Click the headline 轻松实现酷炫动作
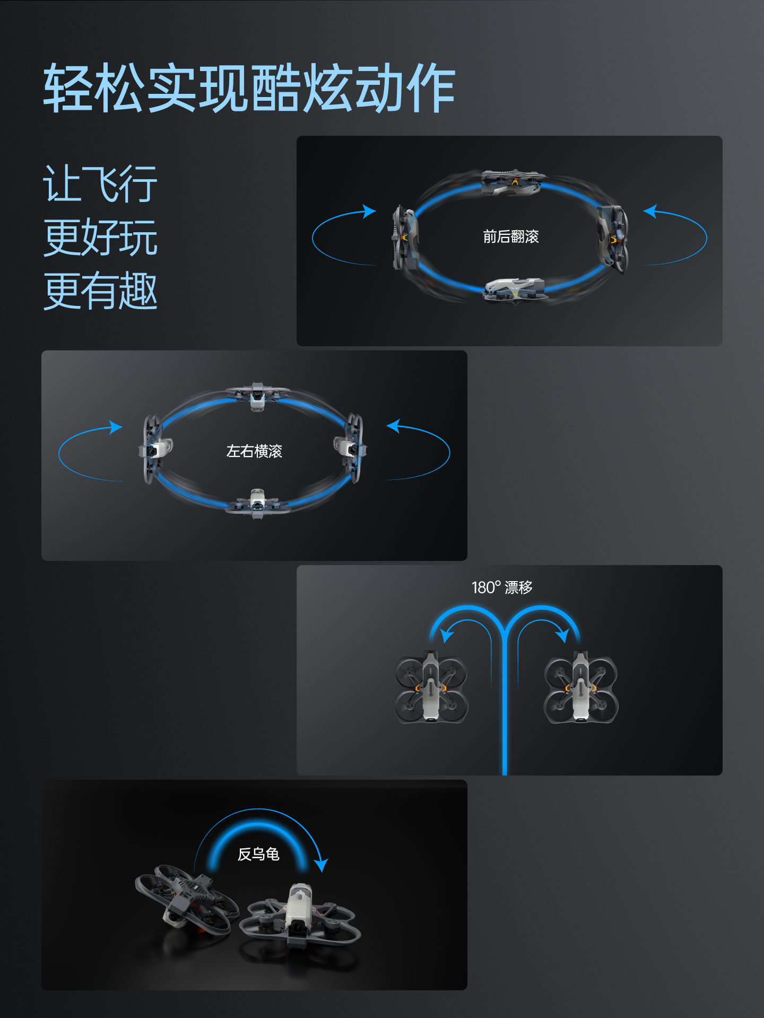(249, 87)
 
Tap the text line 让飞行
(100, 183)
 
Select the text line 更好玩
(100, 237)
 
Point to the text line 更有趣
(100, 290)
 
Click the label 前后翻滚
(510, 236)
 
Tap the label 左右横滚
(254, 451)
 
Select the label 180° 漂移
(502, 587)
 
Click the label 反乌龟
(258, 854)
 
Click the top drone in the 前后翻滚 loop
(512, 182)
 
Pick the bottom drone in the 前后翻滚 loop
(514, 290)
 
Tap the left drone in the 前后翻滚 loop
(405, 238)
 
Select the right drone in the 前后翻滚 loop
(613, 239)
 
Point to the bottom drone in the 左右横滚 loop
(257, 504)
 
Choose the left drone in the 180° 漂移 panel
(431, 687)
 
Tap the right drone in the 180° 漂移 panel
(581, 687)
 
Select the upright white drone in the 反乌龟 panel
(300, 917)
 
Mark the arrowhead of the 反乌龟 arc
(320, 865)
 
